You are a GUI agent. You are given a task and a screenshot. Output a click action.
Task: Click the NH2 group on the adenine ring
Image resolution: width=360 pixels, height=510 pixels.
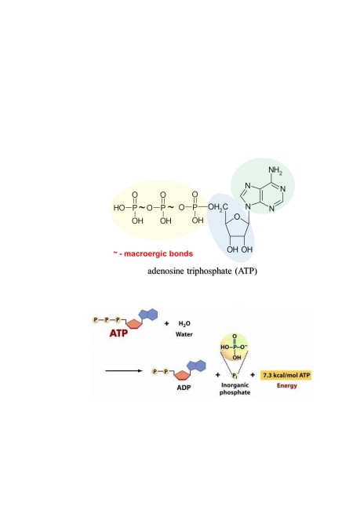tap(275, 170)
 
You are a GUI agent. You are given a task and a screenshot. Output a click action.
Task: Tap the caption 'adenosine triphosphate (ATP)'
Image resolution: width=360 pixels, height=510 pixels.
tap(202, 271)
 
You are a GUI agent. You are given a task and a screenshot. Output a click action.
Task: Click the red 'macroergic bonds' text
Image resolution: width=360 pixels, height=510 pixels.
tap(158, 253)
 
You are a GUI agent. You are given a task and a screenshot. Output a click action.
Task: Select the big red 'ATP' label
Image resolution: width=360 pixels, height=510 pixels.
tap(118, 333)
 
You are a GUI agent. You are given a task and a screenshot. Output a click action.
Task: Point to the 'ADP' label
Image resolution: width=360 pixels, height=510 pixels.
tap(184, 388)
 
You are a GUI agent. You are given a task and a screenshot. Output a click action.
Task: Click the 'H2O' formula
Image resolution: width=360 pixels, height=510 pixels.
tap(184, 323)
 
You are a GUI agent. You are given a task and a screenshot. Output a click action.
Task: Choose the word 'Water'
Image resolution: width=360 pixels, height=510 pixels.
tap(184, 334)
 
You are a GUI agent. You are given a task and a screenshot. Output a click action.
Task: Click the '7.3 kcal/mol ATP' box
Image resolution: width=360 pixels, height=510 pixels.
tap(286, 375)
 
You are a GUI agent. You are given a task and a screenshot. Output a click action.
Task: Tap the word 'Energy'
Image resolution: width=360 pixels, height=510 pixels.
tap(287, 386)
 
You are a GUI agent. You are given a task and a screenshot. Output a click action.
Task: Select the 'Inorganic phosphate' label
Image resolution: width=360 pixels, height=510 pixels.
tap(235, 388)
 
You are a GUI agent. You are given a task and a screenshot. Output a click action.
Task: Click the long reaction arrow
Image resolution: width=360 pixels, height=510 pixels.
tap(124, 371)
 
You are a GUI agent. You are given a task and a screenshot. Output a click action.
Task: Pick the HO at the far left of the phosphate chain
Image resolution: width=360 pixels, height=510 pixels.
tap(119, 207)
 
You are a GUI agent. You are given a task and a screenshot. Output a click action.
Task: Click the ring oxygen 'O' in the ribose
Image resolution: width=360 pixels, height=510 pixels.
tap(237, 217)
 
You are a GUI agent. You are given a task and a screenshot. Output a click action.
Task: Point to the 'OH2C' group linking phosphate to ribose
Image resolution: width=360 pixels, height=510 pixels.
tap(218, 207)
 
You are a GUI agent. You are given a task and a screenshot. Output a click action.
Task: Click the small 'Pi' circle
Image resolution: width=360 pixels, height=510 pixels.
tap(235, 376)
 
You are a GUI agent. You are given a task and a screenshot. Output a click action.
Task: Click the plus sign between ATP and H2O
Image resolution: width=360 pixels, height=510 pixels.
tap(167, 323)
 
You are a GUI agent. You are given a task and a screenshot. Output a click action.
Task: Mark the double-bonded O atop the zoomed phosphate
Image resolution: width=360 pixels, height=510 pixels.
tap(235, 337)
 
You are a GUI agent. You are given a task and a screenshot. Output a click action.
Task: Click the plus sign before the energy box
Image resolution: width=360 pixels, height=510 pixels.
tap(253, 375)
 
